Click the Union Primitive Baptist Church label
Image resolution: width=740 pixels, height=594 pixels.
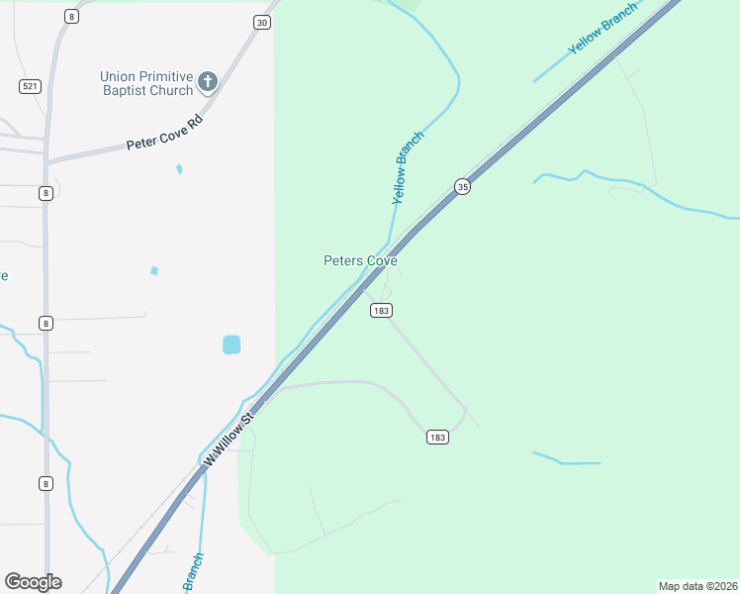145,83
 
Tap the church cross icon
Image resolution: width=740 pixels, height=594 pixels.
208,81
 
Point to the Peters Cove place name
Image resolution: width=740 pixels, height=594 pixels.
360,261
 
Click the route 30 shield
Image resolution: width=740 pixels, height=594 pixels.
261,22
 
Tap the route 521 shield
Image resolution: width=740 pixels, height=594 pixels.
29,87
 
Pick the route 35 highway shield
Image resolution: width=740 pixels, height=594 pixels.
462,186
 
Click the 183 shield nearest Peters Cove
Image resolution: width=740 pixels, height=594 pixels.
382,311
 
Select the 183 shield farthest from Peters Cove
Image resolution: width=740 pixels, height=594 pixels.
438,437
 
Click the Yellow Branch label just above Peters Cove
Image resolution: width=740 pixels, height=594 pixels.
408,167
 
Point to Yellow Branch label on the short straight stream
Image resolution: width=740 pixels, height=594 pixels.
601,35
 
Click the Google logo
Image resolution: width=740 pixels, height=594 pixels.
33,582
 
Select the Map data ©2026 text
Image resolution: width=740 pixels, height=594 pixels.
697,586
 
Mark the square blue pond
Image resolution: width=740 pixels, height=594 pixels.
231,345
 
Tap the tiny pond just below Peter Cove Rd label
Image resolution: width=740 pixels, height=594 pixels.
179,169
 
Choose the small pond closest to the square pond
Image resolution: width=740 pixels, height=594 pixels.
153,270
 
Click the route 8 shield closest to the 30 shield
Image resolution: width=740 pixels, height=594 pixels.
70,16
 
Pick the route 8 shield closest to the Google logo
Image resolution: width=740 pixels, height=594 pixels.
46,483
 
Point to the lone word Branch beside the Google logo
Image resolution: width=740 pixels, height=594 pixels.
192,572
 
